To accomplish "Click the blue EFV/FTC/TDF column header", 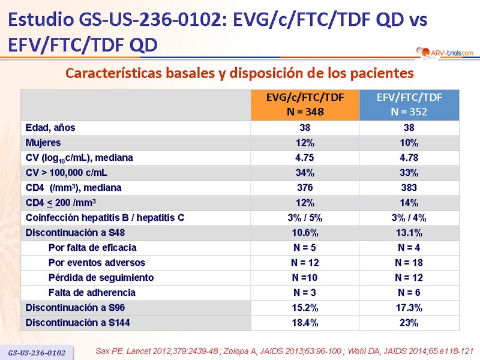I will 409,105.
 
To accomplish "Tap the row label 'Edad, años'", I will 50,128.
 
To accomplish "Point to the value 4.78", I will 409,158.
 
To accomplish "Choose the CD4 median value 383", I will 409,188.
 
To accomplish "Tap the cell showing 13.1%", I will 409,233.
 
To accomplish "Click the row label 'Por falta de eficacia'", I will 92,248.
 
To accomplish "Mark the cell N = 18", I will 409,263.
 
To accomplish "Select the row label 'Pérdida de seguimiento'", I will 101,278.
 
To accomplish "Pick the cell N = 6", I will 409,293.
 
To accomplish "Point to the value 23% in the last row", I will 409,323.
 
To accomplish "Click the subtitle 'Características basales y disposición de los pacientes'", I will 240,74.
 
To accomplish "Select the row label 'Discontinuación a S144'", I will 77,323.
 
